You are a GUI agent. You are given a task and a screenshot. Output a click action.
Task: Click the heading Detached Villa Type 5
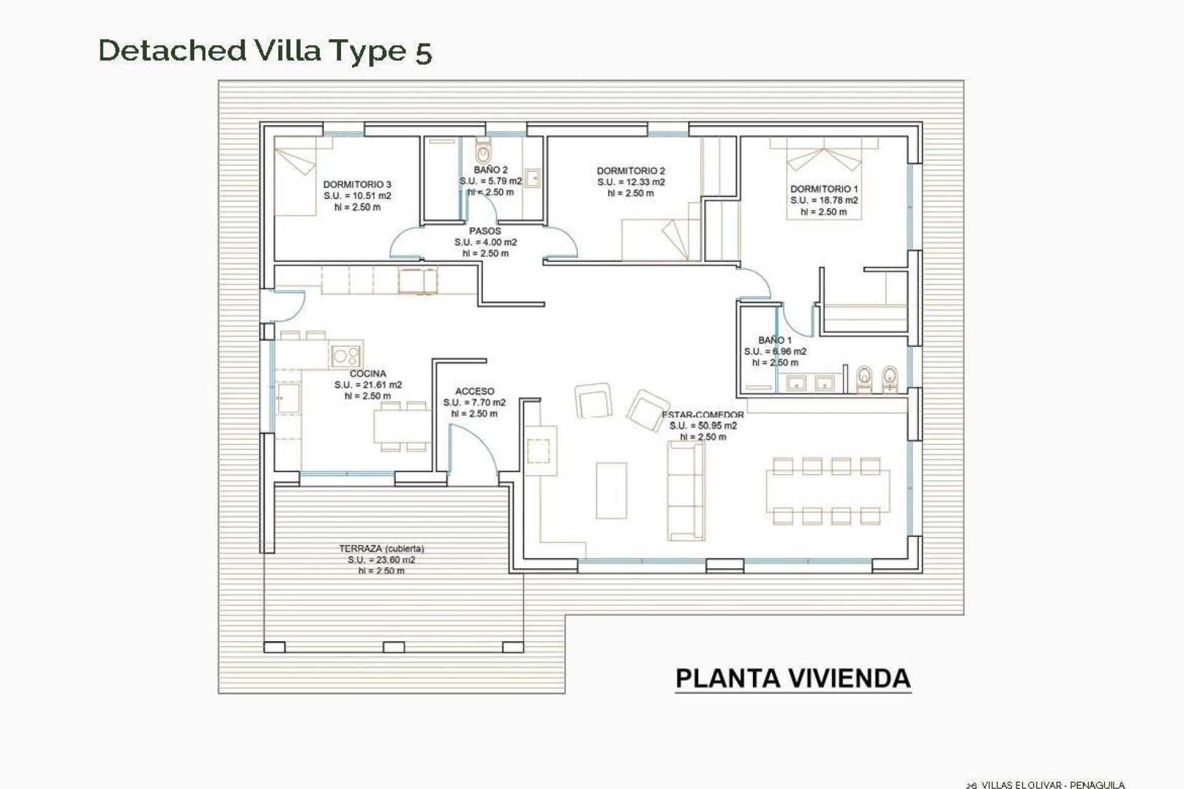pos(265,51)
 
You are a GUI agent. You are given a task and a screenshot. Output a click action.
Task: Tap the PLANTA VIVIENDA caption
pos(793,679)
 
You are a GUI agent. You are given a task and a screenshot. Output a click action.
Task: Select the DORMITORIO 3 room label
pos(357,184)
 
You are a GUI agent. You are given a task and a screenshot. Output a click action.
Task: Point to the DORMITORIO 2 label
pos(631,171)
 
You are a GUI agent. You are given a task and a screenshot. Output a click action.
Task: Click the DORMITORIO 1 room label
pos(824,189)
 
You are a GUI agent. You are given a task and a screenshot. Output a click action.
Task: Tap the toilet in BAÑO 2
pos(483,150)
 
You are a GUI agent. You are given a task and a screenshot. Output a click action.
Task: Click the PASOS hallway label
pos(485,231)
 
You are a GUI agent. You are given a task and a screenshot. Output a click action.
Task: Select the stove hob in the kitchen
pos(345,356)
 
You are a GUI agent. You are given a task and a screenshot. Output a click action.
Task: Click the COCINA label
pos(368,374)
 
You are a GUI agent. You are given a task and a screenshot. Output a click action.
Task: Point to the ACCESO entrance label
pos(474,391)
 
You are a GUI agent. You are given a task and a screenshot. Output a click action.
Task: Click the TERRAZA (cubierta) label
pos(381,549)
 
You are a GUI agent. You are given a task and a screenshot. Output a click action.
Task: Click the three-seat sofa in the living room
pos(685,491)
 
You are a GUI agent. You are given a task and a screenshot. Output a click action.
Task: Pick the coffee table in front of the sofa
pos(611,491)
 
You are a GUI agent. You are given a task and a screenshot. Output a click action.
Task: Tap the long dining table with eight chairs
pos(828,491)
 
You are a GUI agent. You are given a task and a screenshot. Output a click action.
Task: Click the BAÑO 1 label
pos(775,340)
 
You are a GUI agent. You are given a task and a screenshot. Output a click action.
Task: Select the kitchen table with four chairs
pos(402,426)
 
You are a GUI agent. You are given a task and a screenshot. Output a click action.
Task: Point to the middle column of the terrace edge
pos(394,647)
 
